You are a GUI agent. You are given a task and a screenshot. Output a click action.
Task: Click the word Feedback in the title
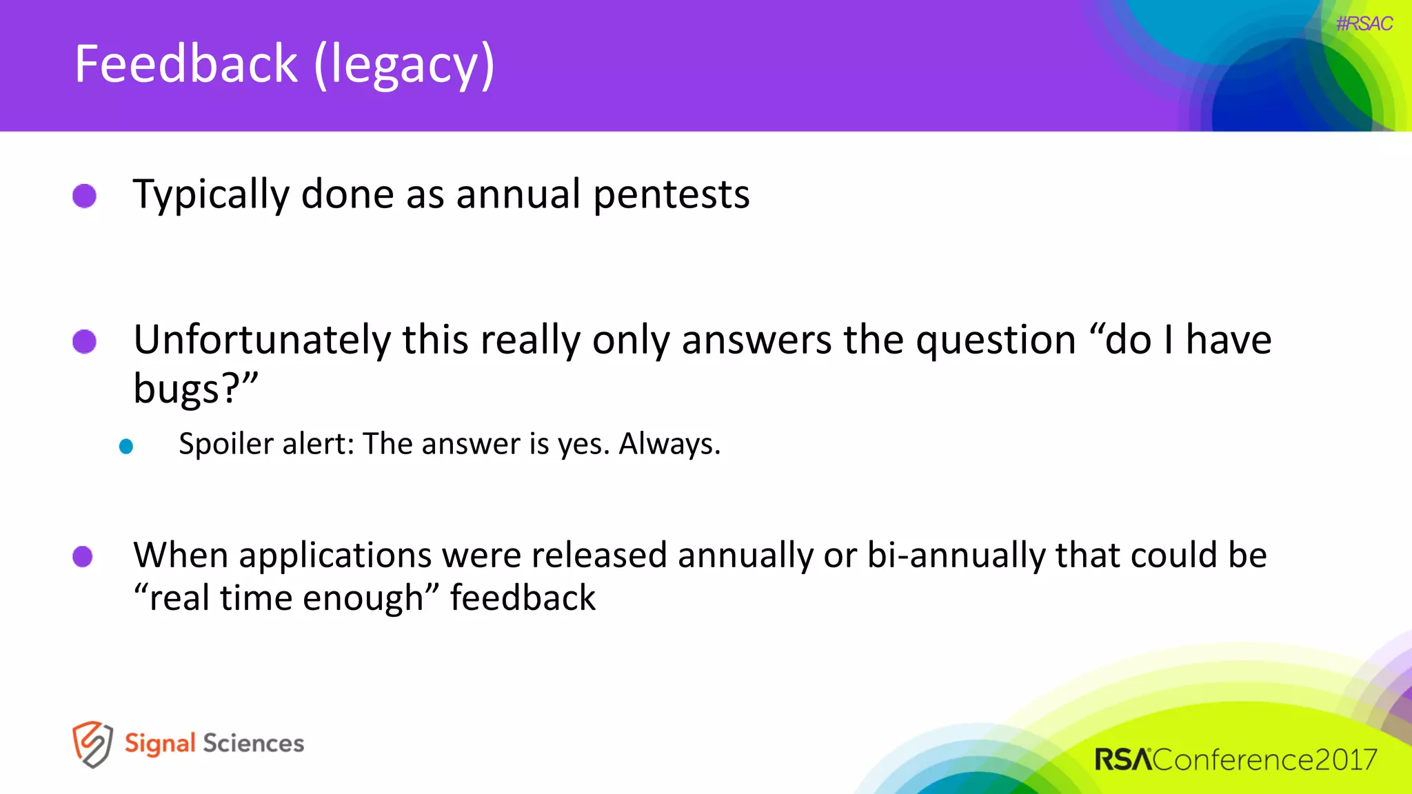pyautogui.click(x=186, y=64)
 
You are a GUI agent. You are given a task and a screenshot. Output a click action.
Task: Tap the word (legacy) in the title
pyautogui.click(x=404, y=65)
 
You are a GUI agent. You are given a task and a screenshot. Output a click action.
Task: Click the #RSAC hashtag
pyautogui.click(x=1364, y=24)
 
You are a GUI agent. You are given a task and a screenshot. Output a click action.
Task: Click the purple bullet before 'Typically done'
pyautogui.click(x=85, y=196)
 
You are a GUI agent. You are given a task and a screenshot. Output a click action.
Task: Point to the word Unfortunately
pyautogui.click(x=262, y=340)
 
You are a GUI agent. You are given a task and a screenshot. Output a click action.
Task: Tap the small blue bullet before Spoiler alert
pyautogui.click(x=125, y=447)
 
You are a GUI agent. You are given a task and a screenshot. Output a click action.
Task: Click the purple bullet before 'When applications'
pyautogui.click(x=83, y=556)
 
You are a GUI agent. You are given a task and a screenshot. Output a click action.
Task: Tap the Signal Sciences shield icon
pyautogui.click(x=92, y=744)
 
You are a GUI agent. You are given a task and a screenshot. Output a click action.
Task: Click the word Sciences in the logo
pyautogui.click(x=253, y=743)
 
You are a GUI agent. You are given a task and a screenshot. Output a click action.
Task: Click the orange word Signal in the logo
pyautogui.click(x=160, y=744)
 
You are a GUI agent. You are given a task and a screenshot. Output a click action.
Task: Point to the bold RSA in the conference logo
pyautogui.click(x=1122, y=760)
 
